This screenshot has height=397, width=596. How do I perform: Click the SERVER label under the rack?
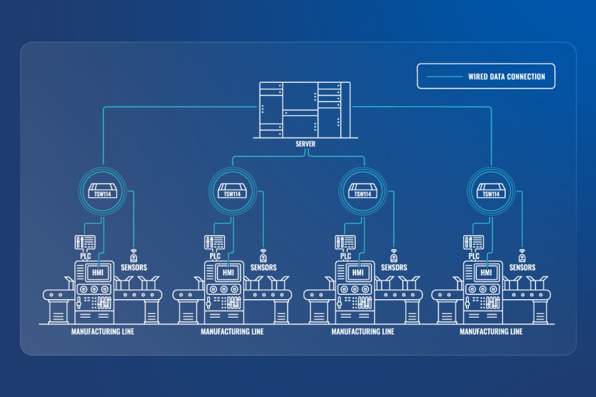[305, 144]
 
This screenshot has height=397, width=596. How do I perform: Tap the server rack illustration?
[305, 110]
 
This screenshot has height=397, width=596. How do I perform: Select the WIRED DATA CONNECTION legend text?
[507, 77]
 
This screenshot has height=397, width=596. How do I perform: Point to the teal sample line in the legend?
[444, 77]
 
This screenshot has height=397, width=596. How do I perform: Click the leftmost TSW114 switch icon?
[103, 191]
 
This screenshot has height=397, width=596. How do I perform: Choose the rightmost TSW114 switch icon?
[491, 191]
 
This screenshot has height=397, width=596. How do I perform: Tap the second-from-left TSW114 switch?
[232, 191]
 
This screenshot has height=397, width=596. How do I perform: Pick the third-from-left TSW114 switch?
[363, 191]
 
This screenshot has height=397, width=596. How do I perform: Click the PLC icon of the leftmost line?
[85, 242]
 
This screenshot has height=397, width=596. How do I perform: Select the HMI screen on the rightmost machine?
[486, 272]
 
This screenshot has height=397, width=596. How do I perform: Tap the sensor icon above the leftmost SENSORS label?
[133, 256]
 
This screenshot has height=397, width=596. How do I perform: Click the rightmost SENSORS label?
[522, 267]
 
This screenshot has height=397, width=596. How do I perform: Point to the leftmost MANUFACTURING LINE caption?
[103, 332]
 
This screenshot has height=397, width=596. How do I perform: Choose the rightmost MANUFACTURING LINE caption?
[491, 332]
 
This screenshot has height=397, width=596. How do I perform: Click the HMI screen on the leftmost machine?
[98, 272]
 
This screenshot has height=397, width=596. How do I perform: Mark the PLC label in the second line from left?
[215, 256]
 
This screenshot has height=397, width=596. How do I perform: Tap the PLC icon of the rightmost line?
[474, 242]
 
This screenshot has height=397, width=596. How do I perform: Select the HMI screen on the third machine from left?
[358, 272]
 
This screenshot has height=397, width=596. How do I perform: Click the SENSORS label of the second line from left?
[263, 267]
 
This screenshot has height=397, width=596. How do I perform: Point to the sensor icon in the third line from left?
[394, 256]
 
